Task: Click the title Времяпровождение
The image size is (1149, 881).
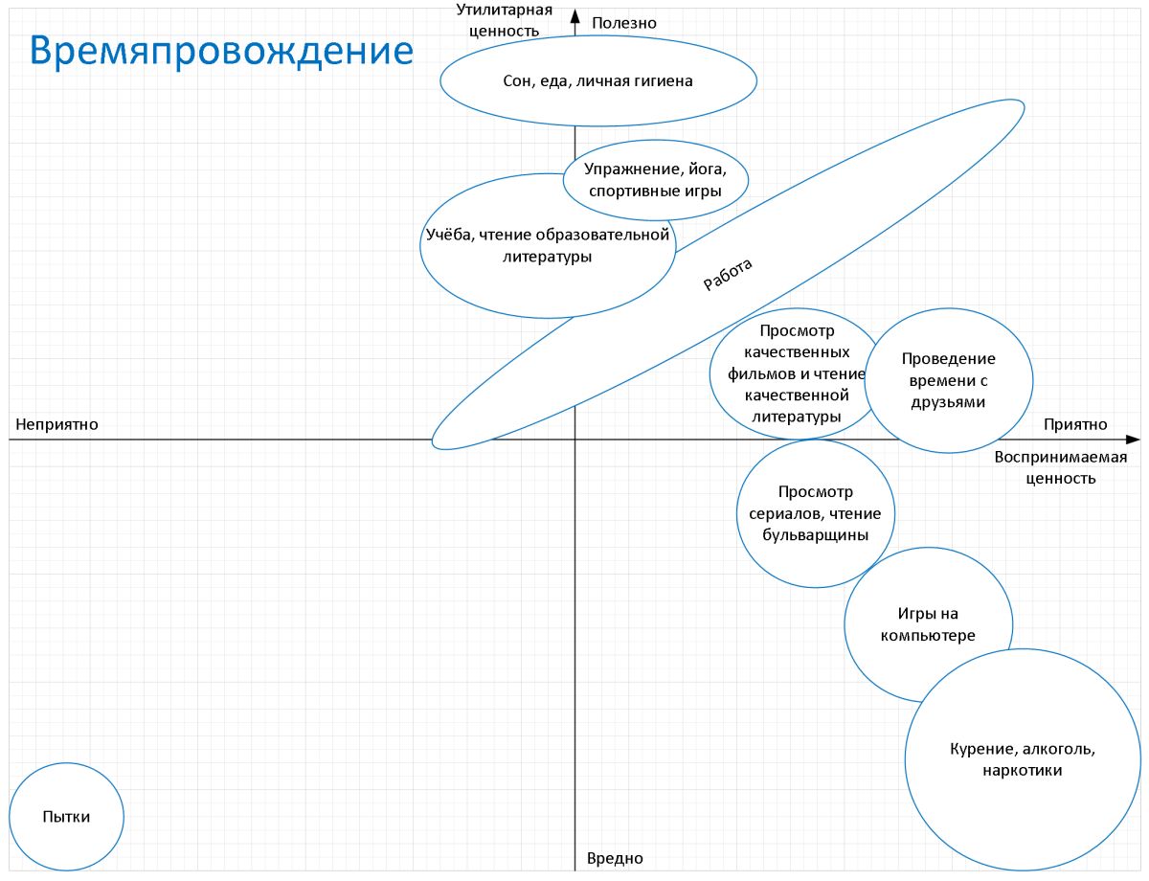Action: click(221, 52)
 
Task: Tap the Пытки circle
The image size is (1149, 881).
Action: click(67, 816)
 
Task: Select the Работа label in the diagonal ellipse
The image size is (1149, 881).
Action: click(728, 275)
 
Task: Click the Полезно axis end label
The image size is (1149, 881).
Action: click(624, 23)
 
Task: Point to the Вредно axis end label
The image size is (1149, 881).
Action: click(615, 858)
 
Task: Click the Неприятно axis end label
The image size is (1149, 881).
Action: click(56, 424)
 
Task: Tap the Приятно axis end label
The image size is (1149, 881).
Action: click(1075, 424)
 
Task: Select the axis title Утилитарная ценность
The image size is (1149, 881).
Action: click(504, 20)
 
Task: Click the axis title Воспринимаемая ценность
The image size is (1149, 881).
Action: click(1061, 467)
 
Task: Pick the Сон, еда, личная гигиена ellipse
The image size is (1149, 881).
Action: click(598, 80)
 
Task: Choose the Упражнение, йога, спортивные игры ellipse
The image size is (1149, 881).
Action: click(656, 180)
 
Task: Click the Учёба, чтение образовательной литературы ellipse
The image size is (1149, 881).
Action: click(548, 246)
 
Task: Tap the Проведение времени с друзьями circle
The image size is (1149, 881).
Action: click(949, 380)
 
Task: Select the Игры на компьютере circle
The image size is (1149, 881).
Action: click(928, 624)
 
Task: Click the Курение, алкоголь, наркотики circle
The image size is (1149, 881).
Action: click(1023, 759)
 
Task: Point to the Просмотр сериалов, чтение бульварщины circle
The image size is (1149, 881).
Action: click(816, 513)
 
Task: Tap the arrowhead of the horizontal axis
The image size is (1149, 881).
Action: click(1133, 440)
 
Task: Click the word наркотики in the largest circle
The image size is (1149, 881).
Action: click(1022, 771)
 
